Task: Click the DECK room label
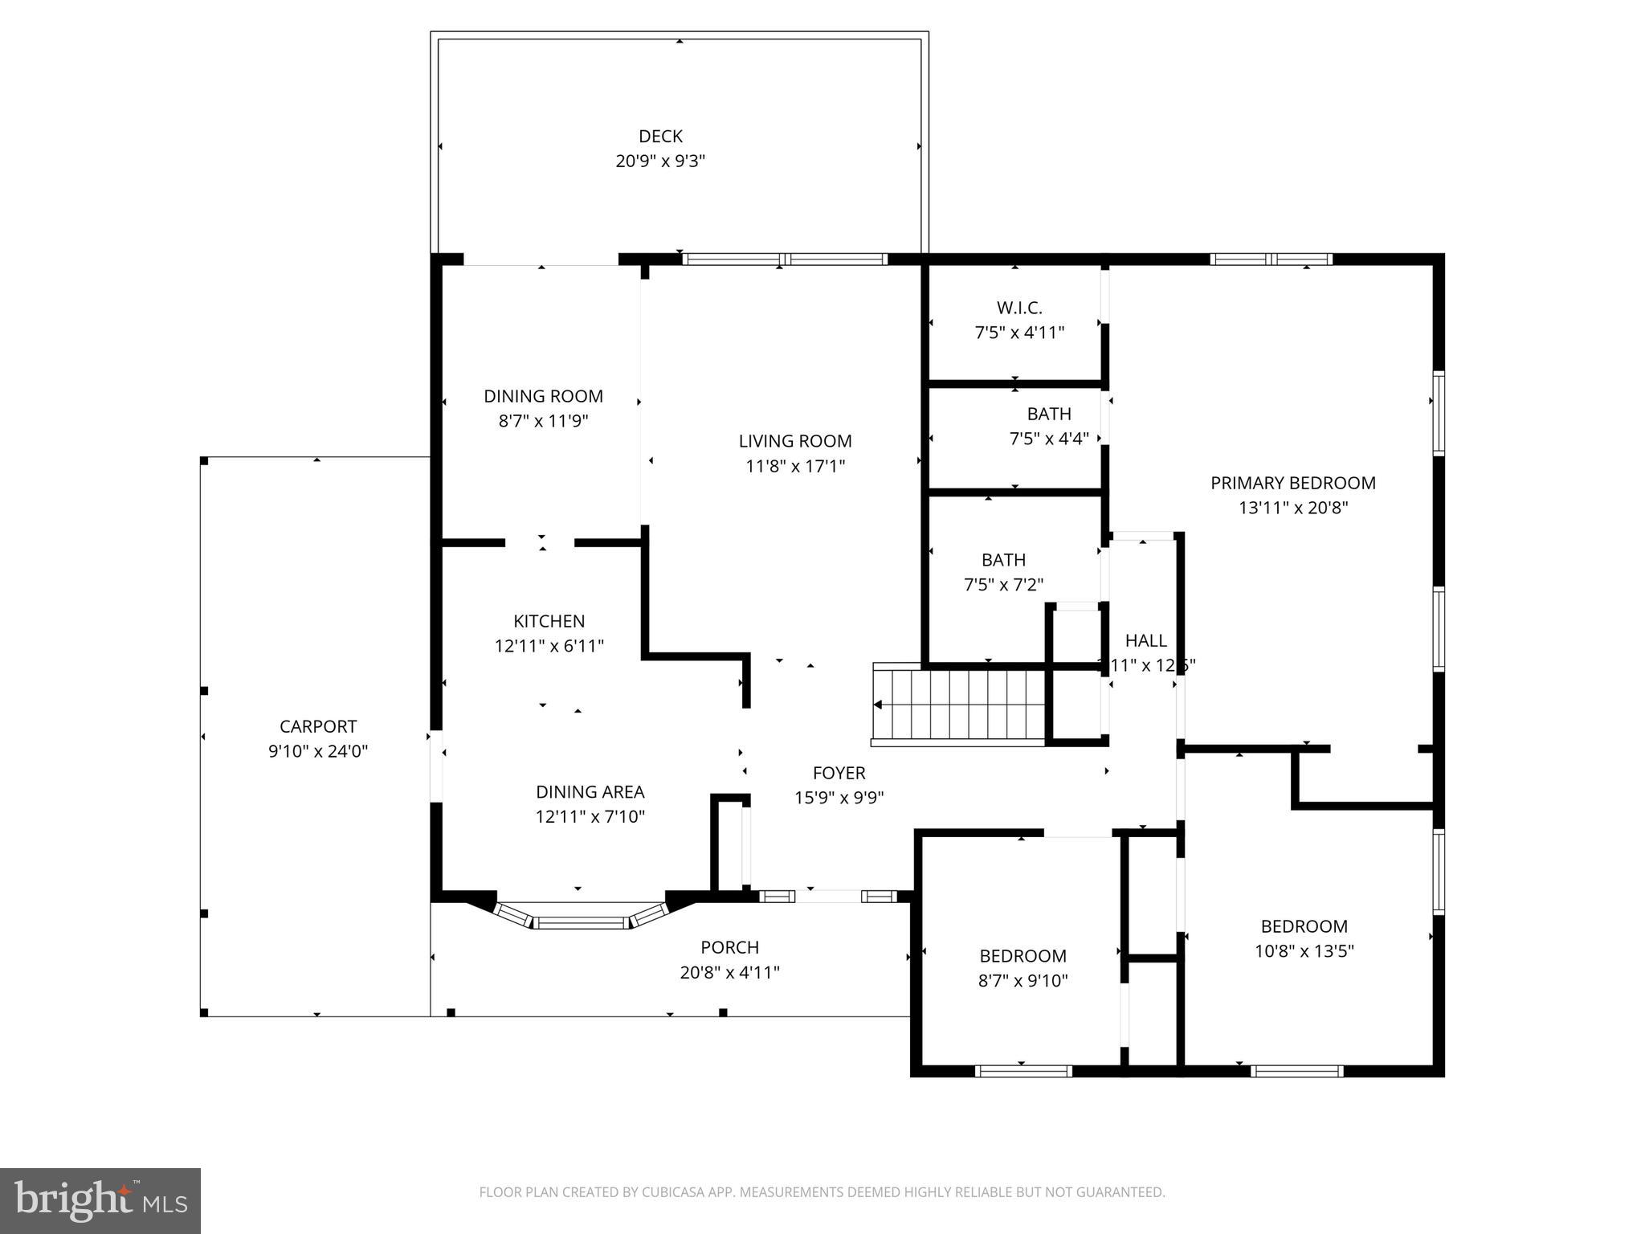(660, 137)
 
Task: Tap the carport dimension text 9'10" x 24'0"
(318, 751)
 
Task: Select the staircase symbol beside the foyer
(958, 705)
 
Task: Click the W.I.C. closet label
(1019, 308)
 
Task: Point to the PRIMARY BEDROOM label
(1292, 483)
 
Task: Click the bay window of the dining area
(581, 921)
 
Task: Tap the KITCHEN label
(549, 621)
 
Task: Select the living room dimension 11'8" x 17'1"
(795, 466)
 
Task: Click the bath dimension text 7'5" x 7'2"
(1003, 585)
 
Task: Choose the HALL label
(1145, 640)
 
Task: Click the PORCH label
(729, 947)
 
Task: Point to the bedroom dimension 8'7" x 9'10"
(1023, 981)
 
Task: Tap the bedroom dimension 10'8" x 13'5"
(1304, 951)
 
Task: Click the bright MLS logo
(100, 1201)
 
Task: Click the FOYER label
(839, 773)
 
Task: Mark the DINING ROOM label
(543, 396)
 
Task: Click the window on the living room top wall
(785, 259)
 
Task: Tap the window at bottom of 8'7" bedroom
(1023, 1071)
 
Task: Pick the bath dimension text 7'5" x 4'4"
(1048, 439)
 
